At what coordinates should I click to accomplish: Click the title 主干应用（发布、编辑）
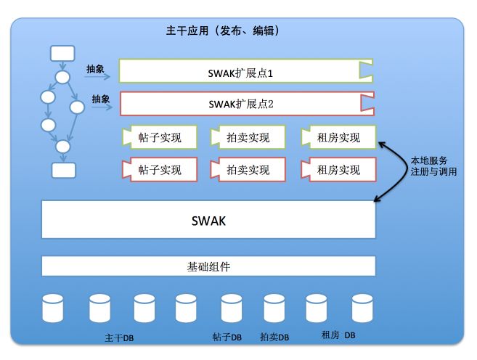pyautogui.click(x=223, y=32)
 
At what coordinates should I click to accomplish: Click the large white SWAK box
pyautogui.click(x=208, y=220)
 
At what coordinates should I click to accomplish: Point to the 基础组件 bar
pyautogui.click(x=208, y=266)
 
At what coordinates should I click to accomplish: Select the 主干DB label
pyautogui.click(x=119, y=337)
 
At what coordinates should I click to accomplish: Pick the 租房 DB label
pyautogui.click(x=338, y=335)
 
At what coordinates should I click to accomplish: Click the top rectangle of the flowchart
pyautogui.click(x=62, y=52)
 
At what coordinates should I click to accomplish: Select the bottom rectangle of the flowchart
pyautogui.click(x=63, y=170)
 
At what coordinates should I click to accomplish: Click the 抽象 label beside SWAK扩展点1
pyautogui.click(x=95, y=70)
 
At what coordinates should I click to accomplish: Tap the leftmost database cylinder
pyautogui.click(x=53, y=308)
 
